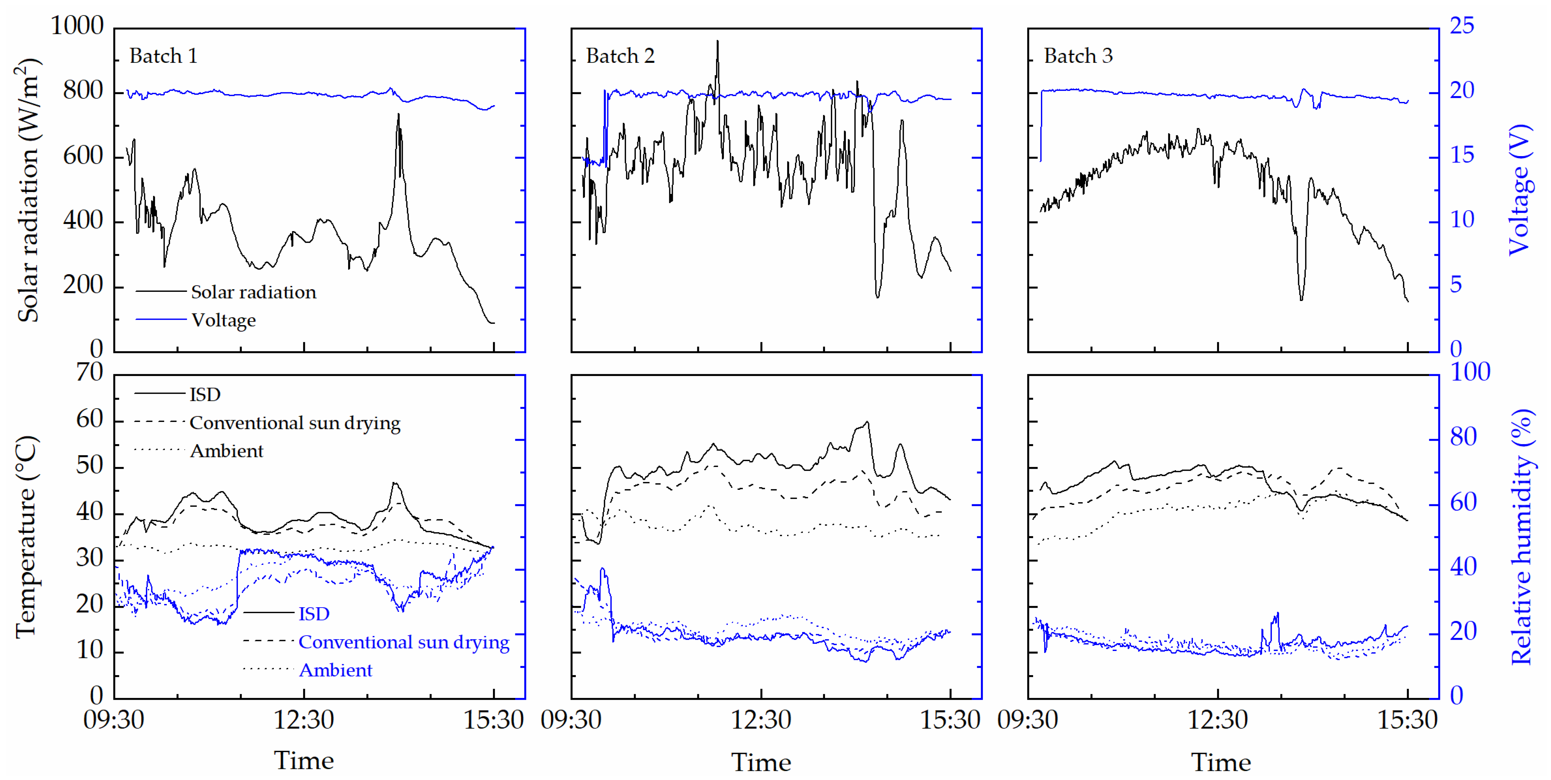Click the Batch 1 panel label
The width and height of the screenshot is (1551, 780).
point(163,56)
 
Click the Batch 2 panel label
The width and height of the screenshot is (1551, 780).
point(620,56)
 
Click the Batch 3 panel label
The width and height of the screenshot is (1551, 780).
point(1078,56)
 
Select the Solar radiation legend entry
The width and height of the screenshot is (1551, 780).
point(253,292)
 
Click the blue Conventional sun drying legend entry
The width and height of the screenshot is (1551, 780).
point(403,642)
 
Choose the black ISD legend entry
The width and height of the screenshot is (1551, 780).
point(205,395)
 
